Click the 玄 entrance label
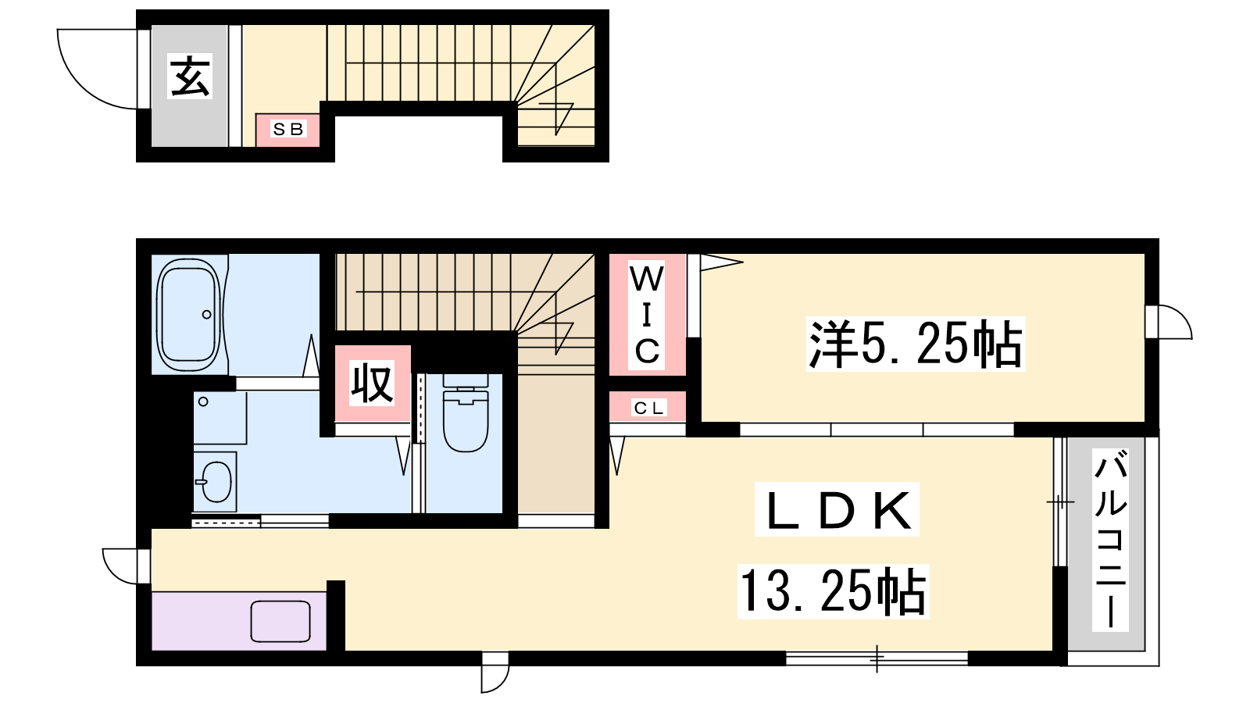pyautogui.click(x=191, y=77)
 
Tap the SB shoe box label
pyautogui.click(x=288, y=130)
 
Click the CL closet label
pyautogui.click(x=648, y=408)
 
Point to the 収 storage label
pyautogui.click(x=372, y=383)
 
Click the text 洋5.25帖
pyautogui.click(x=916, y=344)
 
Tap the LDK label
pyautogui.click(x=837, y=509)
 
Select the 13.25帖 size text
pyautogui.click(x=833, y=591)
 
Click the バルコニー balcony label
pyautogui.click(x=1110, y=540)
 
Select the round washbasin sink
pyautogui.click(x=216, y=481)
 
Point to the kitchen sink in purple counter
pyautogui.click(x=280, y=622)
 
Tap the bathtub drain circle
pyautogui.click(x=207, y=315)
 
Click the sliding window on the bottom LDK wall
pyautogui.click(x=877, y=659)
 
